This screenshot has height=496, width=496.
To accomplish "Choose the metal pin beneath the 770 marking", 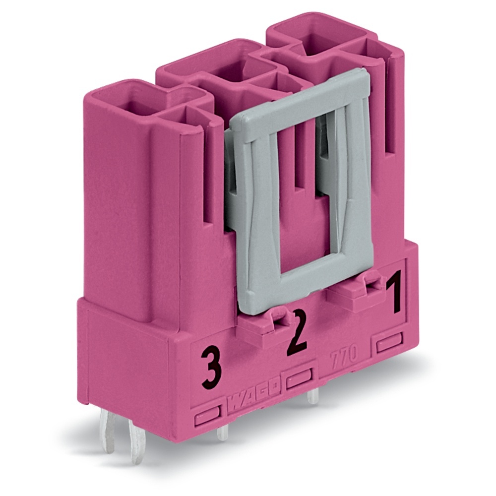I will [312, 396].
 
